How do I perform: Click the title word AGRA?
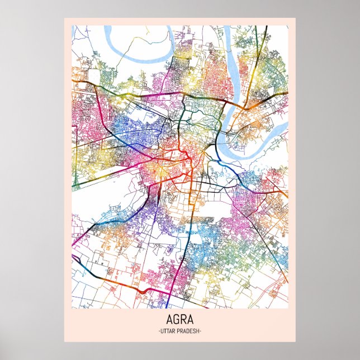[179, 321]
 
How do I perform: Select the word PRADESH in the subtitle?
[188, 331]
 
